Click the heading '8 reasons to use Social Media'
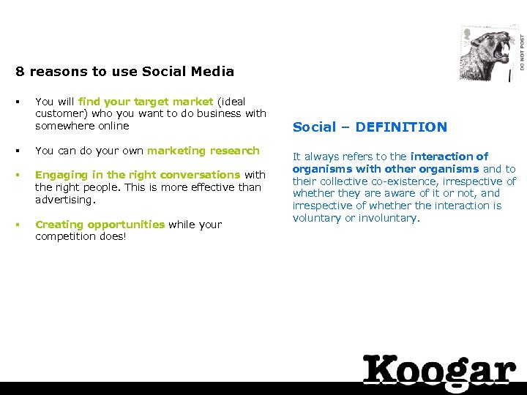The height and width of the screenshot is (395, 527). pyautogui.click(x=124, y=72)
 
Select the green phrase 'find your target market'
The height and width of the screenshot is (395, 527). pyautogui.click(x=146, y=102)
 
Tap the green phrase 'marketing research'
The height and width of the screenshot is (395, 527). pyautogui.click(x=203, y=151)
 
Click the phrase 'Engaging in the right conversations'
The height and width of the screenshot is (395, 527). pyautogui.click(x=138, y=175)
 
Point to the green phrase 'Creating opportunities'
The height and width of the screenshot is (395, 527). pyautogui.click(x=100, y=225)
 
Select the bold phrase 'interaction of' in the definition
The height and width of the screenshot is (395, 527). pyautogui.click(x=449, y=157)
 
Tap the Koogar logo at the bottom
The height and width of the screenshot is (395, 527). pyautogui.click(x=439, y=370)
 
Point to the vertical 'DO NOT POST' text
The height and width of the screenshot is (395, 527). pyautogui.click(x=522, y=51)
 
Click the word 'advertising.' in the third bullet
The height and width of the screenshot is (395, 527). pyautogui.click(x=65, y=200)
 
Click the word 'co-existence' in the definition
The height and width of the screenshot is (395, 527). pyautogui.click(x=405, y=181)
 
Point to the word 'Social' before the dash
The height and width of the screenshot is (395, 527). pyautogui.click(x=313, y=127)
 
